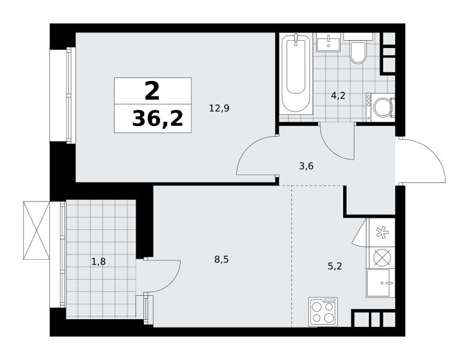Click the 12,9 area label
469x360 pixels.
[x=220, y=108]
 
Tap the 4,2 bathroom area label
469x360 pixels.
[x=338, y=95]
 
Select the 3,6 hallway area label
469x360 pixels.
[x=306, y=166]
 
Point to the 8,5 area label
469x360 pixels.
[x=221, y=259]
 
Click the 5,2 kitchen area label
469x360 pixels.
[x=335, y=266]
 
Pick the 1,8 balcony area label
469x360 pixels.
[x=98, y=262]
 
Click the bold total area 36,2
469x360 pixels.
[x=158, y=119]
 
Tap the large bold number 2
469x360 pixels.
[x=152, y=92]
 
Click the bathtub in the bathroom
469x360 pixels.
[x=296, y=73]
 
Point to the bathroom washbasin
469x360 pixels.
[x=329, y=43]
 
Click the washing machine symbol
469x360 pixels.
[x=380, y=107]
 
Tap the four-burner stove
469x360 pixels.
[x=323, y=311]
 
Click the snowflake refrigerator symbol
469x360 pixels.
[x=382, y=233]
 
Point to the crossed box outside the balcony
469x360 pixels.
[x=36, y=230]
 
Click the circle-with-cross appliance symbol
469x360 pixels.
[x=382, y=257]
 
